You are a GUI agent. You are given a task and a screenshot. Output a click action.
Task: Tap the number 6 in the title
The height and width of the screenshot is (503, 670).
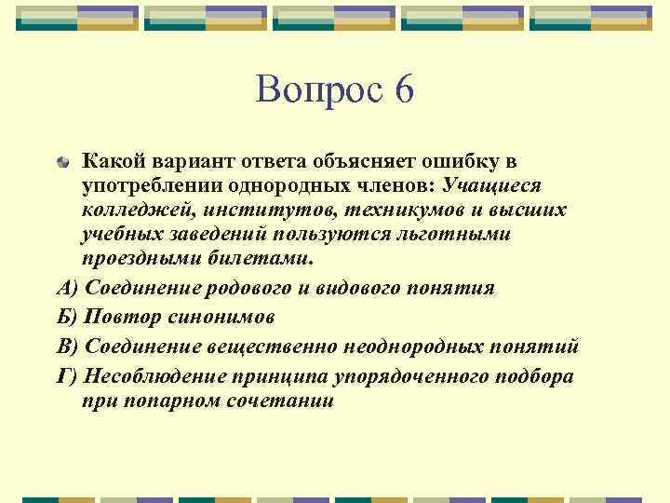click(402, 89)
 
